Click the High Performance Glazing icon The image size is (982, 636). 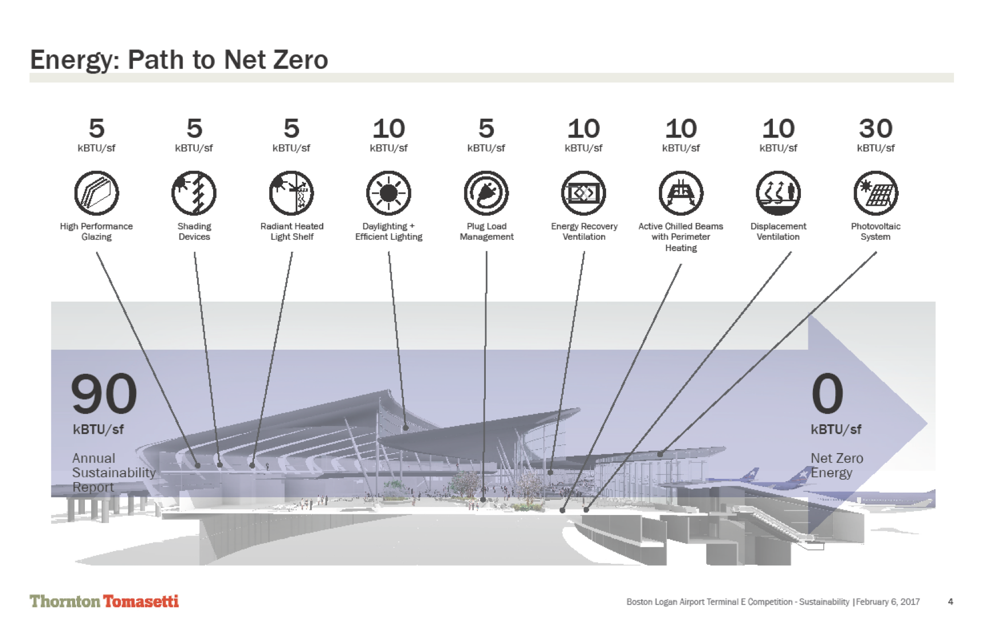pyautogui.click(x=96, y=193)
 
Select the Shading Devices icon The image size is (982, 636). pyautogui.click(x=194, y=193)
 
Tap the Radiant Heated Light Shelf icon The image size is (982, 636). pyautogui.click(x=292, y=193)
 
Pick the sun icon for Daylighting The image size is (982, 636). pyautogui.click(x=388, y=193)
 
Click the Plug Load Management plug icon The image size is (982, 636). pyautogui.click(x=486, y=193)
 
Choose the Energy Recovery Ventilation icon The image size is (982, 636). pyautogui.click(x=583, y=193)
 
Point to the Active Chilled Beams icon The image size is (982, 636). pyautogui.click(x=681, y=193)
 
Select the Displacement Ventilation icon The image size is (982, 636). pyautogui.click(x=778, y=193)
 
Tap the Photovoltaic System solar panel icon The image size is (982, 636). pyautogui.click(x=875, y=193)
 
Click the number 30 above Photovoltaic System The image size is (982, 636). pyautogui.click(x=875, y=128)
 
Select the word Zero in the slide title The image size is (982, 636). pyautogui.click(x=301, y=60)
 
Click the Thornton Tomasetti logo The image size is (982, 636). pyautogui.click(x=104, y=601)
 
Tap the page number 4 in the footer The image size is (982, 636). pyautogui.click(x=950, y=602)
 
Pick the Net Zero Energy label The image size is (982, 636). pyautogui.click(x=836, y=465)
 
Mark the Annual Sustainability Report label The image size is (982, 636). pyautogui.click(x=113, y=473)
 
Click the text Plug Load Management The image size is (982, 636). pyautogui.click(x=486, y=231)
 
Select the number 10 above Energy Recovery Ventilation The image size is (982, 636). pyautogui.click(x=583, y=128)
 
